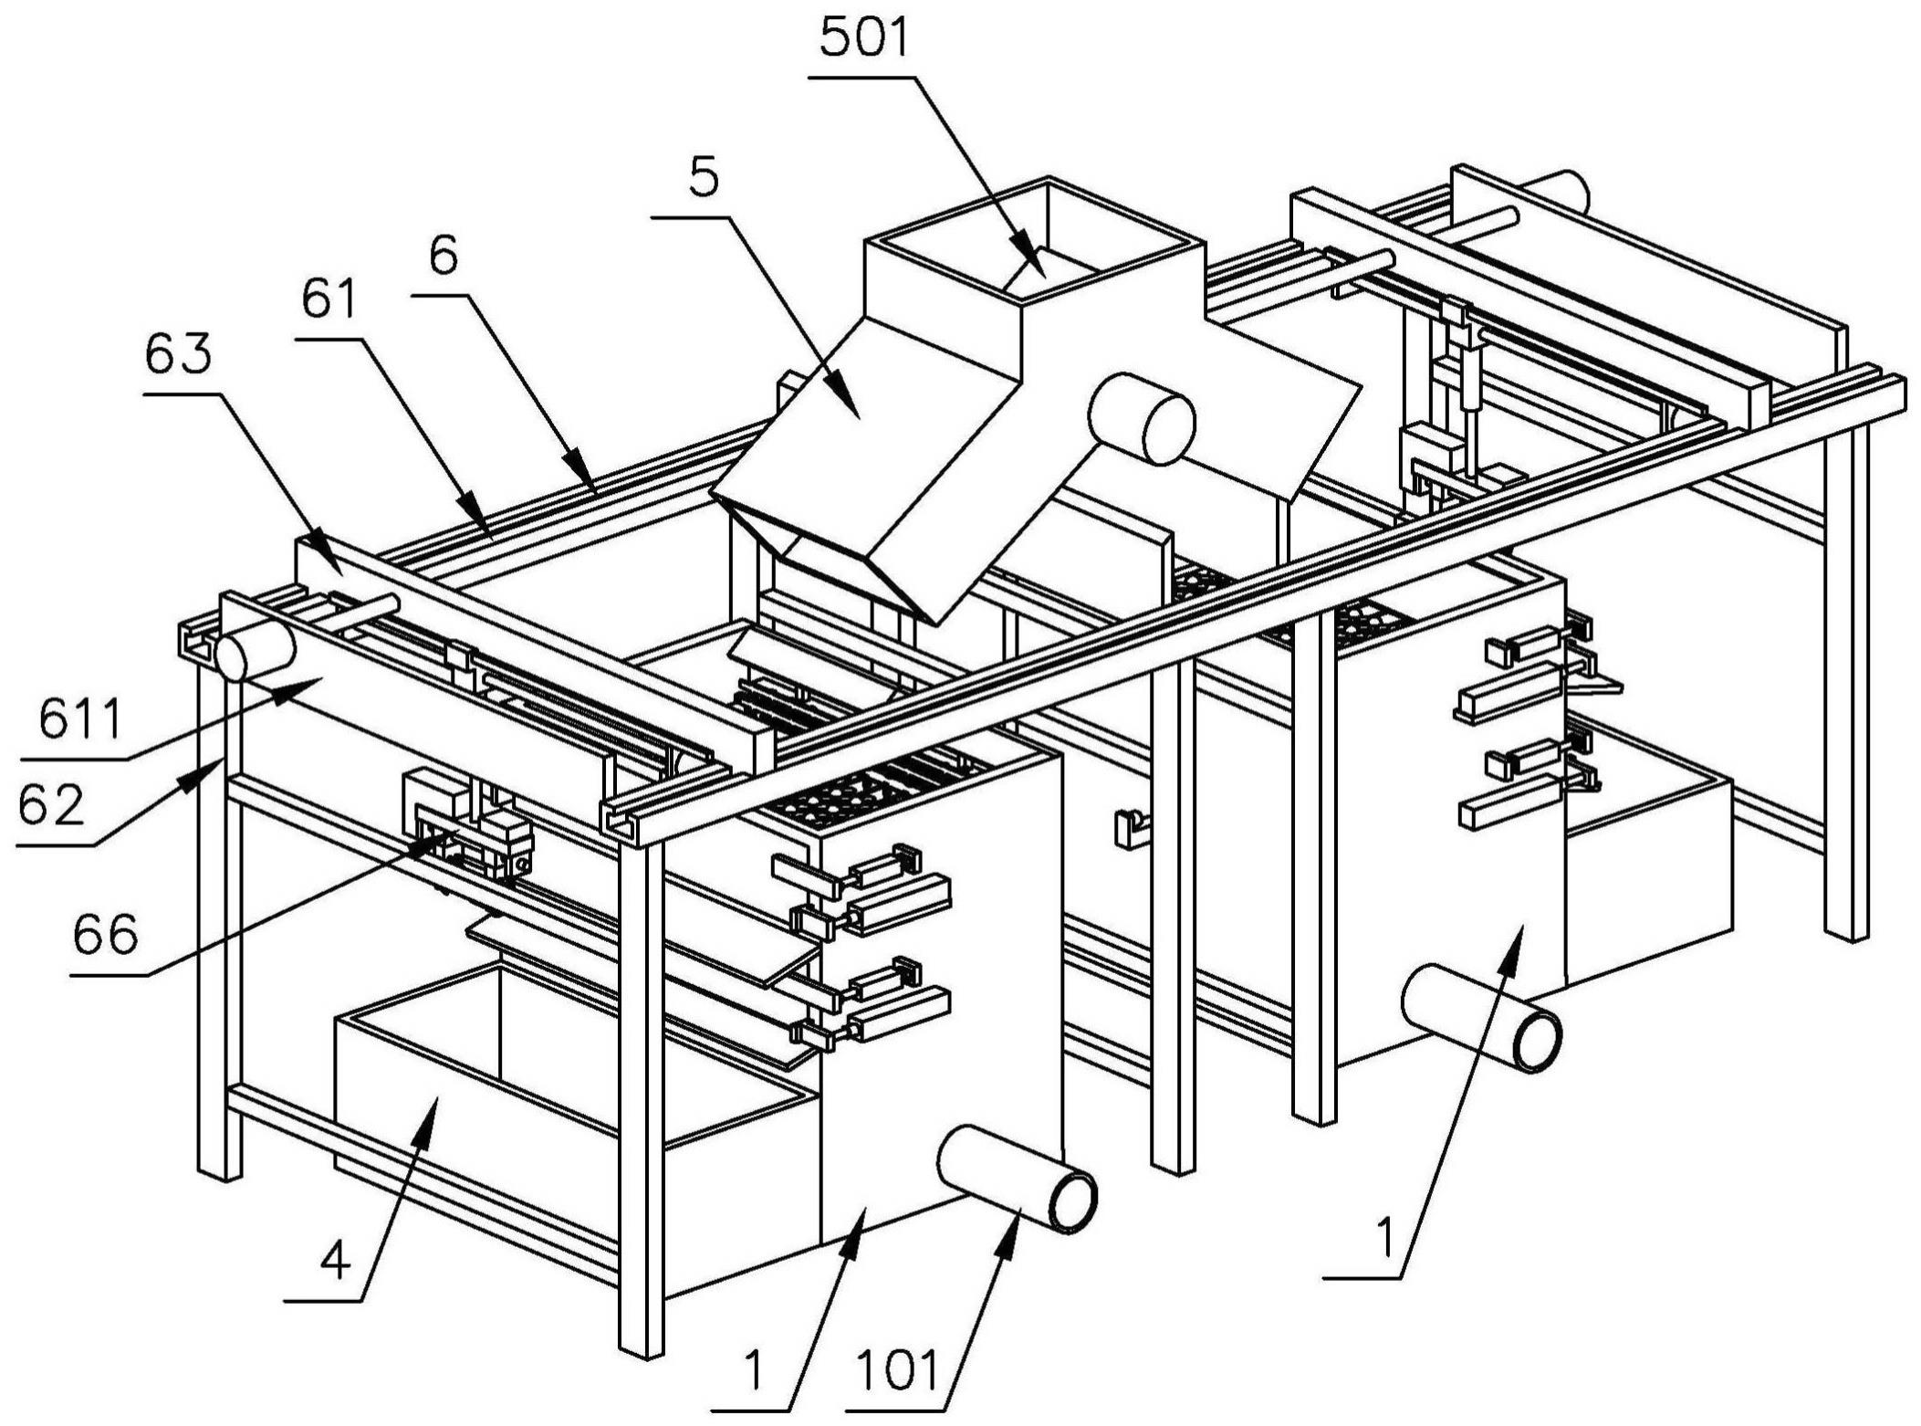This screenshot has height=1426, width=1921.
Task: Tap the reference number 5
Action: tap(703, 178)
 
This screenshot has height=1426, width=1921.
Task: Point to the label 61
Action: tap(329, 300)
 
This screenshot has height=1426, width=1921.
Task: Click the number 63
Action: tap(178, 355)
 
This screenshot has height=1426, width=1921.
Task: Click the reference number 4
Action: tap(335, 1263)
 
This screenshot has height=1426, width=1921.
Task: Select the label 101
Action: tap(899, 1371)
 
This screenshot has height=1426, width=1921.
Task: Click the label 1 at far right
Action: tap(1384, 1240)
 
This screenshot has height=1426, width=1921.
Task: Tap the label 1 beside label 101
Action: tap(754, 1371)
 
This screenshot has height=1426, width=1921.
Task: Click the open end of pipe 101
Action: tap(1073, 1203)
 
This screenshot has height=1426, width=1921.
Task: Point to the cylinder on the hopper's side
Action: tap(1141, 418)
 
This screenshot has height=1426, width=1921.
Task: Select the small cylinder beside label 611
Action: tap(254, 651)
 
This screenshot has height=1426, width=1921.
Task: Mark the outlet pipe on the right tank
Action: tap(1480, 1016)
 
